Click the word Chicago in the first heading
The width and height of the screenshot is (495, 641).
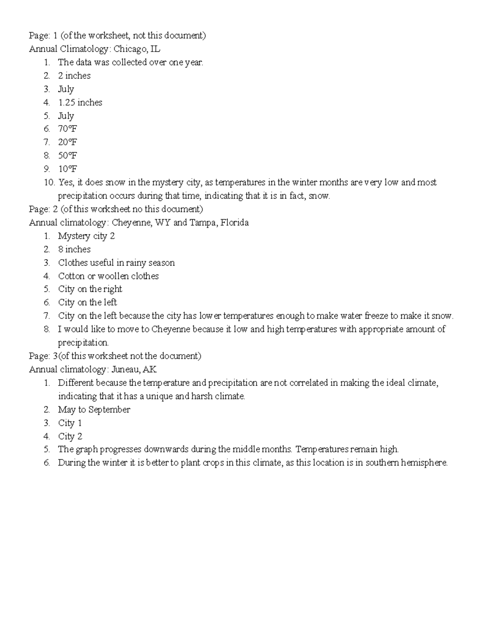point(128,49)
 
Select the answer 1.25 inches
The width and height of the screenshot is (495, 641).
point(80,102)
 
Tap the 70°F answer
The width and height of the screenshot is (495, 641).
point(68,129)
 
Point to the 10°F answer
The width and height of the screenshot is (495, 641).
point(68,169)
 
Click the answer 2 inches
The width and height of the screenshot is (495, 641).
point(74,76)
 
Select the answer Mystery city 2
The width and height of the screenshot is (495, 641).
point(86,236)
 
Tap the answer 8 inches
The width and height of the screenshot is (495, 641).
point(74,249)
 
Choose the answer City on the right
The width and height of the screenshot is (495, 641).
point(90,289)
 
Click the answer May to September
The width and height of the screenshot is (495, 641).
point(94,409)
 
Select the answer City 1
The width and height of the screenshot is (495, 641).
point(70,423)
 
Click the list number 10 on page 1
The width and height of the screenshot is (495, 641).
point(49,182)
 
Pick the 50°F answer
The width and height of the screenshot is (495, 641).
point(68,156)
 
